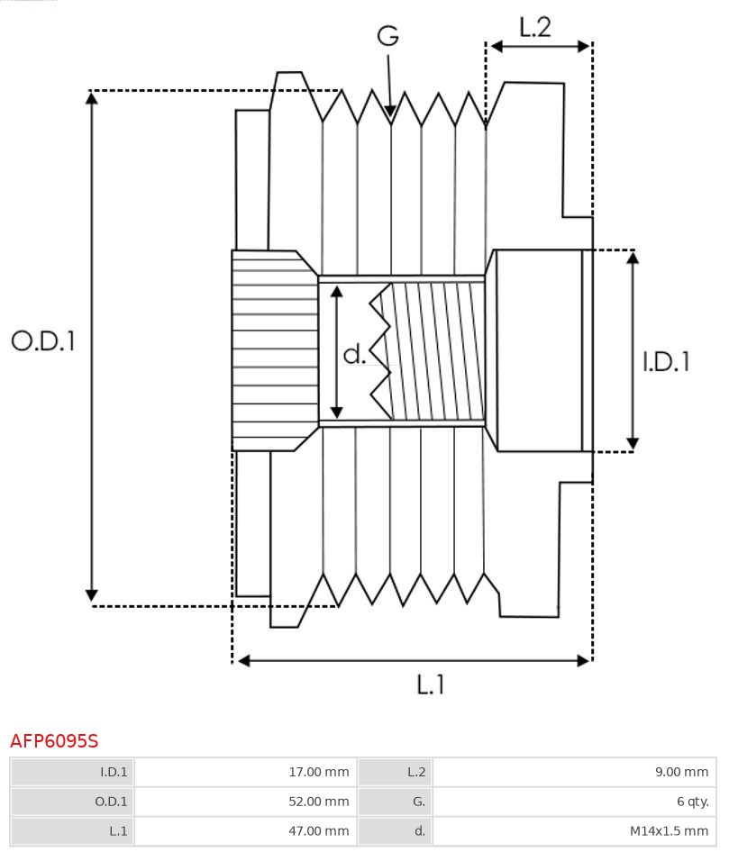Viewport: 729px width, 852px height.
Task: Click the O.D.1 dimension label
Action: pyautogui.click(x=42, y=340)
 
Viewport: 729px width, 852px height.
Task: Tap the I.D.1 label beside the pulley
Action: pyautogui.click(x=666, y=361)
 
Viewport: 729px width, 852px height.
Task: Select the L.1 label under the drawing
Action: pyautogui.click(x=430, y=685)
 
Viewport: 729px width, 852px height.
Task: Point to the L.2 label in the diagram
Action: pyautogui.click(x=534, y=28)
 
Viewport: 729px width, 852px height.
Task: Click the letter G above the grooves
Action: pyautogui.click(x=387, y=36)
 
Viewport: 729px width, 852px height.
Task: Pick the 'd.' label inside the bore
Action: pyautogui.click(x=354, y=355)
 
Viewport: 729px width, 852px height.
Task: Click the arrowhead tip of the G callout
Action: pyautogui.click(x=390, y=115)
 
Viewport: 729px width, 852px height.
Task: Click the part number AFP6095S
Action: pyautogui.click(x=54, y=741)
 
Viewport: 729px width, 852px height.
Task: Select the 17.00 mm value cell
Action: pyautogui.click(x=245, y=772)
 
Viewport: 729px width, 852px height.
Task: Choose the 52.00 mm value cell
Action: pyautogui.click(x=245, y=802)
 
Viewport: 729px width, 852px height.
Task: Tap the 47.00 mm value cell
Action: pyautogui.click(x=245, y=830)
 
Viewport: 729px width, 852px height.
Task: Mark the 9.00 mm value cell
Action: pyautogui.click(x=574, y=772)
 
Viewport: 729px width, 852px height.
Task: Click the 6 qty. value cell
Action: pyautogui.click(x=574, y=802)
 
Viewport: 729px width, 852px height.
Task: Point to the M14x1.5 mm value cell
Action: pyautogui.click(x=574, y=830)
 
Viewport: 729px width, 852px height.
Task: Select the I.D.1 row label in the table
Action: pyautogui.click(x=72, y=772)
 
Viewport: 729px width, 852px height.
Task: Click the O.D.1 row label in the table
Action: pyautogui.click(x=72, y=802)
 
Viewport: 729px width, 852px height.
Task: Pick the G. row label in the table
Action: pyautogui.click(x=395, y=802)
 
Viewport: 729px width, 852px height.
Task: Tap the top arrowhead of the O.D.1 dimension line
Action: pyautogui.click(x=91, y=96)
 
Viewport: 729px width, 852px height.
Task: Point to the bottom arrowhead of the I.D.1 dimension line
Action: pyautogui.click(x=633, y=444)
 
